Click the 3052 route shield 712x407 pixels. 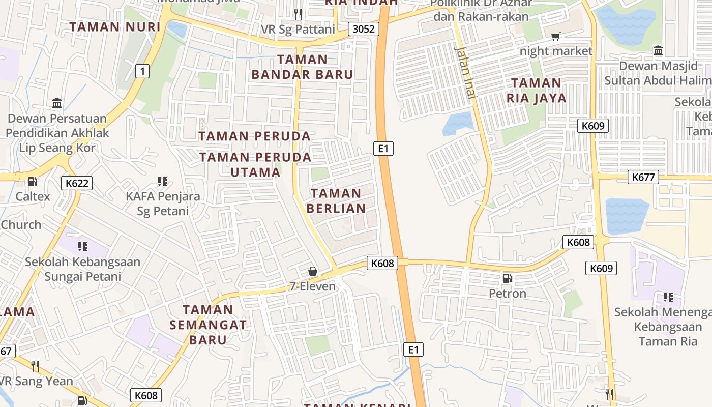[x=364, y=29]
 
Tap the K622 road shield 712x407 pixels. [x=77, y=183]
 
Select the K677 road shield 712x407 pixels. [x=643, y=177]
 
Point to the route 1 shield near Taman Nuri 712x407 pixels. [x=142, y=72]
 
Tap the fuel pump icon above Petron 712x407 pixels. [x=507, y=278]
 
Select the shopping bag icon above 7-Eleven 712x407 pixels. [x=313, y=272]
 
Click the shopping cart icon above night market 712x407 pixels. [x=556, y=36]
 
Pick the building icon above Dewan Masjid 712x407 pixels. [x=658, y=50]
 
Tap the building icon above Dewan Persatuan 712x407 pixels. [x=57, y=103]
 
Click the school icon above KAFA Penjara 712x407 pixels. [x=163, y=182]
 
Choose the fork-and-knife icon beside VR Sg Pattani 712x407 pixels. [x=298, y=14]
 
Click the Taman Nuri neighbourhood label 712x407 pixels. [x=108, y=27]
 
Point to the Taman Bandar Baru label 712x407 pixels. [x=303, y=67]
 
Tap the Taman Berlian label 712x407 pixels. [x=336, y=200]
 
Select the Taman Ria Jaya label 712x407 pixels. [x=536, y=90]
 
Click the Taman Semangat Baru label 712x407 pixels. [x=208, y=324]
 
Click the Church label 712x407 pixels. [x=21, y=224]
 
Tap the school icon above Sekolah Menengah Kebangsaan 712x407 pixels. [x=668, y=297]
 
